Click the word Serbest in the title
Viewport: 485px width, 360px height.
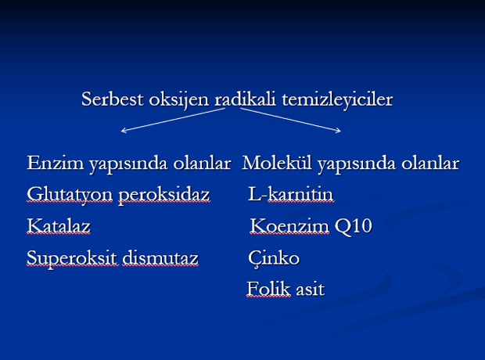(113, 99)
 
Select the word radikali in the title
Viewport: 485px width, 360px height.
(245, 99)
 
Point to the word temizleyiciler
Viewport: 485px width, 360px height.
(337, 100)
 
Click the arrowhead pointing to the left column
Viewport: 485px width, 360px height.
(123, 131)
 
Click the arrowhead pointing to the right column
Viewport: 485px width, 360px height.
(339, 131)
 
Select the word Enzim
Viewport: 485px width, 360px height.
(56, 163)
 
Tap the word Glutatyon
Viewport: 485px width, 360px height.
(70, 196)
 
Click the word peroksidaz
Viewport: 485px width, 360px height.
(164, 196)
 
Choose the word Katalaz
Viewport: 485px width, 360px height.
(59, 226)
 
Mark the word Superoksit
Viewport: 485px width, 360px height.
(72, 259)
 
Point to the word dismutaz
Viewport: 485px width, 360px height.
(160, 257)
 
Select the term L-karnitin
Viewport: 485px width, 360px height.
(291, 194)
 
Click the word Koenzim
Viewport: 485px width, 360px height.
(289, 226)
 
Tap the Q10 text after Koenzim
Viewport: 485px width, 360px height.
(354, 227)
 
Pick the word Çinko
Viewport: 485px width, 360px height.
(274, 259)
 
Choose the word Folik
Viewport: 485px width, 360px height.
(268, 289)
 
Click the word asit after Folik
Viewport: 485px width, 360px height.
(311, 290)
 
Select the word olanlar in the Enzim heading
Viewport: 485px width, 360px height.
(202, 163)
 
